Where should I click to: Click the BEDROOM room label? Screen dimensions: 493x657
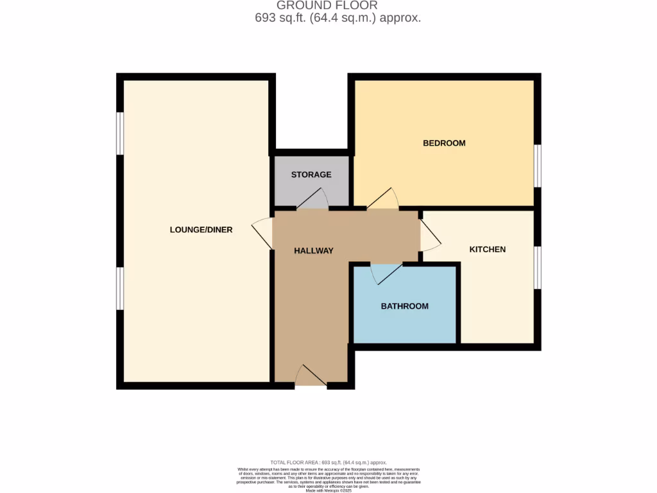click(444, 143)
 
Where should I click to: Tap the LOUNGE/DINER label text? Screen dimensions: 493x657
click(201, 230)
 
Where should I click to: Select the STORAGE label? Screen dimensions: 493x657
click(311, 175)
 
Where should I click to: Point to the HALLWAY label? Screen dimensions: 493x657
click(314, 251)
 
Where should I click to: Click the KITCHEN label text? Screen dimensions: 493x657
click(488, 250)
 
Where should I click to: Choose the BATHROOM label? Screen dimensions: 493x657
click(404, 306)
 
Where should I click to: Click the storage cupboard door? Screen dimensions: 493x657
click(313, 200)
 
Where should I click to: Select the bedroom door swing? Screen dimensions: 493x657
click(384, 200)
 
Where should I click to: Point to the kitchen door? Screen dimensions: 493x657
click(430, 236)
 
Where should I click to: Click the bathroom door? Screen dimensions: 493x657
click(386, 273)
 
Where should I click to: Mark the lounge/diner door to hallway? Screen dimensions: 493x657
click(263, 232)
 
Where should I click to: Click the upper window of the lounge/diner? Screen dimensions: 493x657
click(119, 134)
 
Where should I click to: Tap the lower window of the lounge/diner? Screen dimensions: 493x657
click(119, 288)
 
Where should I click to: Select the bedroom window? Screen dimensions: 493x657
click(538, 166)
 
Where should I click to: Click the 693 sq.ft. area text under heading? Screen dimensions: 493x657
click(337, 18)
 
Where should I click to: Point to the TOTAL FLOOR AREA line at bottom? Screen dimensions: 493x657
click(328, 462)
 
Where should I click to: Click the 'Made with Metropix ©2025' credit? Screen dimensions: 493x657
click(328, 490)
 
